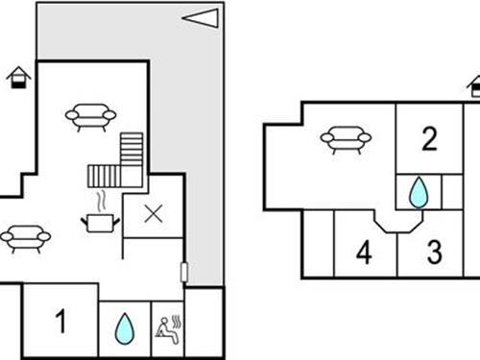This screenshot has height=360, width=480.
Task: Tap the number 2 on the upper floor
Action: [x=429, y=140]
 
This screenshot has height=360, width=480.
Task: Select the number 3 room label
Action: [x=434, y=253]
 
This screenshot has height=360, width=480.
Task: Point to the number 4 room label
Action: [x=363, y=253]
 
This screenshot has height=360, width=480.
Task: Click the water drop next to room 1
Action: [x=125, y=328]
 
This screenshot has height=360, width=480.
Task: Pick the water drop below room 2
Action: [x=418, y=192]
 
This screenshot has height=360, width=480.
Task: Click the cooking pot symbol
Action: [x=100, y=223]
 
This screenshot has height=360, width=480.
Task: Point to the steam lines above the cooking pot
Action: [x=100, y=202]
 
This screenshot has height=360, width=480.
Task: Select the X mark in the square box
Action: [x=153, y=214]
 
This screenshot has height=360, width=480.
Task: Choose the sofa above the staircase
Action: [x=90, y=117]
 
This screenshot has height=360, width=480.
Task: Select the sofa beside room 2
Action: [x=346, y=141]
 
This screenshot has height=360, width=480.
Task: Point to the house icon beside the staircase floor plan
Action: [x=17, y=77]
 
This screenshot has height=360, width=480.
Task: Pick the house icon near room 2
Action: [x=475, y=86]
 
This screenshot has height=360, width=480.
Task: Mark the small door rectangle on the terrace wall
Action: [x=183, y=272]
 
